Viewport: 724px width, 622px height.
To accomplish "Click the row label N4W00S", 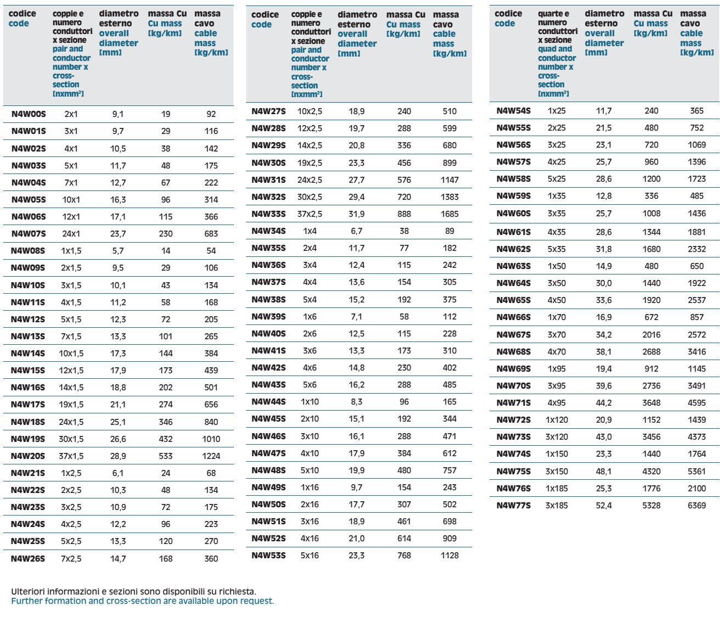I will pyautogui.click(x=29, y=114).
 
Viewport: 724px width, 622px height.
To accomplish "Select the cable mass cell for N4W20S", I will pyautogui.click(x=211, y=456).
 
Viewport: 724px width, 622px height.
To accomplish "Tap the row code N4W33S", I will pyautogui.click(x=268, y=214).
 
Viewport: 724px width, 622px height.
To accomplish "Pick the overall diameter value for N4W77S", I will pyautogui.click(x=604, y=506).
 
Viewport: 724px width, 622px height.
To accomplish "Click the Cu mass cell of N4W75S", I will pyautogui.click(x=652, y=472).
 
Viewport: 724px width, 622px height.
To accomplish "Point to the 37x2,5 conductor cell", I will pyautogui.click(x=310, y=214).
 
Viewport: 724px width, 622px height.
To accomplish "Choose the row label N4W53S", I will pyautogui.click(x=268, y=556).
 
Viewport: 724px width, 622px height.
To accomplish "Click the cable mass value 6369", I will pyautogui.click(x=697, y=506).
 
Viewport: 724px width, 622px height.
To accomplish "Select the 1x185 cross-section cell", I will pyautogui.click(x=557, y=489).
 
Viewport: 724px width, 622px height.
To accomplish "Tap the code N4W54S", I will pyautogui.click(x=513, y=111).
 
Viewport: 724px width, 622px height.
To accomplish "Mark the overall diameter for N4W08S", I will pyautogui.click(x=118, y=251).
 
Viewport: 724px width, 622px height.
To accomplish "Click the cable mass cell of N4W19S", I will pyautogui.click(x=211, y=439).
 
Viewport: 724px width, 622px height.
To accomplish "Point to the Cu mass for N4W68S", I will pyautogui.click(x=652, y=352).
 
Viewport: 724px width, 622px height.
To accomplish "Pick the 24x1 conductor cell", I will pyautogui.click(x=71, y=234).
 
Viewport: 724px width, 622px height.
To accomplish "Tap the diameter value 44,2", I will pyautogui.click(x=604, y=403).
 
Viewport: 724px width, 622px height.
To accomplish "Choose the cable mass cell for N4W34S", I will pyautogui.click(x=450, y=231).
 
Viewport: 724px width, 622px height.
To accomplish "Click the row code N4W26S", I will pyautogui.click(x=28, y=559).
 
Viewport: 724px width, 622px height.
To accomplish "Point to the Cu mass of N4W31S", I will pyautogui.click(x=404, y=180).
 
